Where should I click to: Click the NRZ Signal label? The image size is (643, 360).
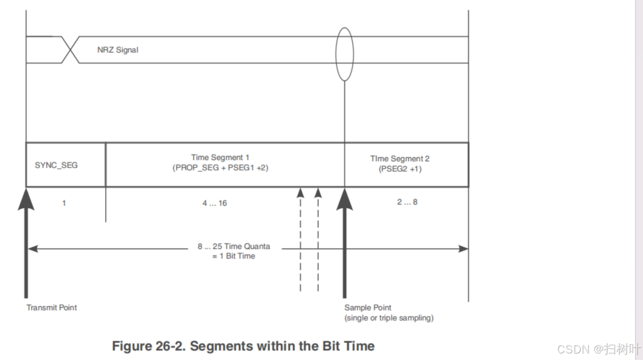pyautogui.click(x=118, y=49)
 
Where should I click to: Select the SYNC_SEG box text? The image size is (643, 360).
pyautogui.click(x=56, y=165)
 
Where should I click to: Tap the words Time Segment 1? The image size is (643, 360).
pyautogui.click(x=220, y=158)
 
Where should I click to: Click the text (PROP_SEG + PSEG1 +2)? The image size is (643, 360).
pyautogui.click(x=220, y=167)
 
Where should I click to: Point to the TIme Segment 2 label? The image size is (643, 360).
pyautogui.click(x=399, y=159)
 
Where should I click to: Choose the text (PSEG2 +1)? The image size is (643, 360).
pyautogui.click(x=400, y=169)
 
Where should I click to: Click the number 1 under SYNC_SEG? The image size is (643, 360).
pyautogui.click(x=64, y=203)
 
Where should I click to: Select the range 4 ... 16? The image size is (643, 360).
pyautogui.click(x=215, y=203)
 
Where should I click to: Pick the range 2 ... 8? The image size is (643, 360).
pyautogui.click(x=407, y=202)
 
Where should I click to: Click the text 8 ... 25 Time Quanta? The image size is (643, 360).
pyautogui.click(x=234, y=246)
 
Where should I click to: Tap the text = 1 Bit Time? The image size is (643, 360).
pyautogui.click(x=234, y=256)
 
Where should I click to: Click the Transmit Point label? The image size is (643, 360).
pyautogui.click(x=51, y=308)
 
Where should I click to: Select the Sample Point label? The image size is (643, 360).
pyautogui.click(x=368, y=308)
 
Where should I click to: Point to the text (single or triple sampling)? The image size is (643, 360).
pyautogui.click(x=389, y=318)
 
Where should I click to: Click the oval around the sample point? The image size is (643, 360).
pyautogui.click(x=344, y=54)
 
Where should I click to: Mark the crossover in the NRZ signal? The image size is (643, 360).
pyautogui.click(x=70, y=49)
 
